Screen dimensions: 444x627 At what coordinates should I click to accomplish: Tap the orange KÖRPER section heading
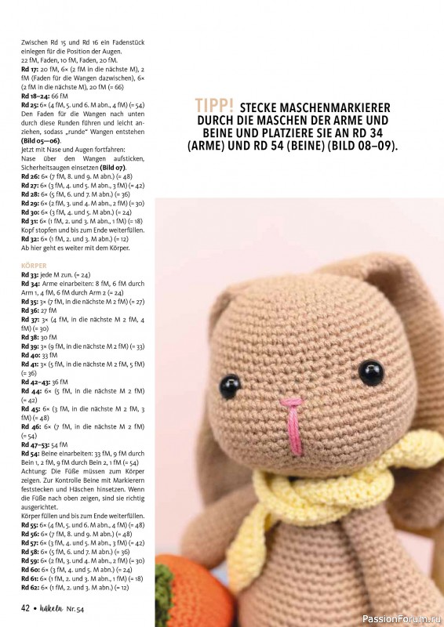[x=34, y=266]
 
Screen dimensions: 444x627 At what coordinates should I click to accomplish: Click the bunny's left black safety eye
[x=230, y=384]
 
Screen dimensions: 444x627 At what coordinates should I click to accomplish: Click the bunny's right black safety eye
[x=370, y=371]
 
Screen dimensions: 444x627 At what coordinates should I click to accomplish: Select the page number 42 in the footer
[x=26, y=607]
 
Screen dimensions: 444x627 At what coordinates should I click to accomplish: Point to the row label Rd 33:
[x=31, y=276]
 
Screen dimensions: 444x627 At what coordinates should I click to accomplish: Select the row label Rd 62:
[x=31, y=586]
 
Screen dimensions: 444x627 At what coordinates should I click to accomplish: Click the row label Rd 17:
[x=31, y=70]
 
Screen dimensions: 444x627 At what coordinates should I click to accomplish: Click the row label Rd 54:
[x=31, y=454]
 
